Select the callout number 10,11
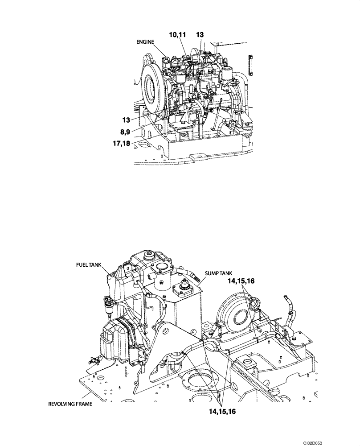click(x=177, y=34)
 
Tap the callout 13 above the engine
click(x=200, y=34)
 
